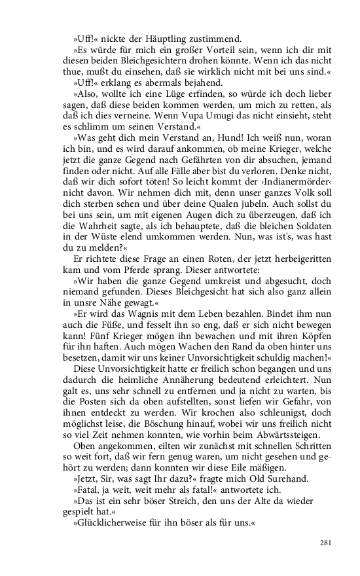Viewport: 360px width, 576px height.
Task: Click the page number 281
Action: click(x=327, y=542)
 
